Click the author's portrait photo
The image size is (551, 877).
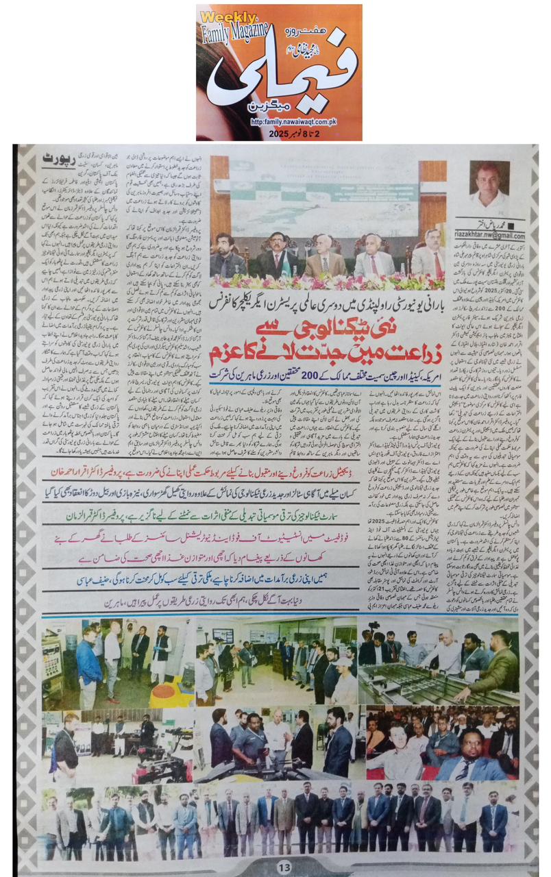tap(489, 186)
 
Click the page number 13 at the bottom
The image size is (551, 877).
tap(284, 867)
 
